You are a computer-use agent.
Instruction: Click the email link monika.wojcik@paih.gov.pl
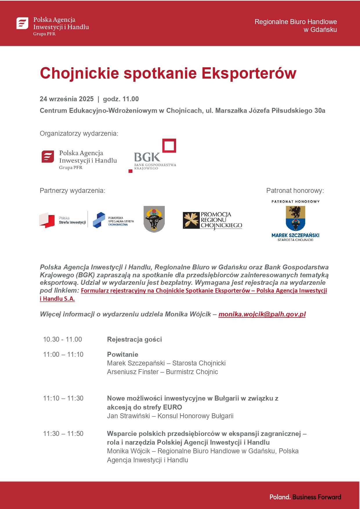tap(262, 314)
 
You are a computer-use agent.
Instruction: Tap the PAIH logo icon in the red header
tap(22, 23)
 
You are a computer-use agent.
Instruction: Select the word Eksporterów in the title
tap(249, 73)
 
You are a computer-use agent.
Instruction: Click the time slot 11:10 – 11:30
tap(63, 398)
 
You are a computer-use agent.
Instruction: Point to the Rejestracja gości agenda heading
tap(134, 339)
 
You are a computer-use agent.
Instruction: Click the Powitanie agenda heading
tap(122, 354)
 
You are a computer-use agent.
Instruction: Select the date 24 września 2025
tap(67, 99)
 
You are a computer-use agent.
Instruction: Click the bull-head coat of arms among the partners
tap(154, 219)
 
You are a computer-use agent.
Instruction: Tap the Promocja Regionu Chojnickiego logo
tap(212, 220)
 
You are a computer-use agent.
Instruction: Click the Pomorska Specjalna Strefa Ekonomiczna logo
tap(113, 220)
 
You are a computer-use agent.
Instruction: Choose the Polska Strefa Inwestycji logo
tap(63, 220)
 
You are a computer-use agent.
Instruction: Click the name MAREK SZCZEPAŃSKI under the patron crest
tap(295, 235)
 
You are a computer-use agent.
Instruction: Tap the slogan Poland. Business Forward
tap(305, 497)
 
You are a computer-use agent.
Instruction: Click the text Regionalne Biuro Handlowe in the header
tap(296, 22)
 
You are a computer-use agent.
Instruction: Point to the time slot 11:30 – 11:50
tap(63, 434)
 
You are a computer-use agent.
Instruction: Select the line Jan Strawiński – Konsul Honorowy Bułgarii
tap(170, 416)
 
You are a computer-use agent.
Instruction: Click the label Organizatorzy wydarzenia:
tap(79, 133)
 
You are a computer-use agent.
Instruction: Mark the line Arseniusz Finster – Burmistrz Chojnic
tap(162, 372)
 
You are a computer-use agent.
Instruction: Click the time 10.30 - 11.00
tap(62, 339)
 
